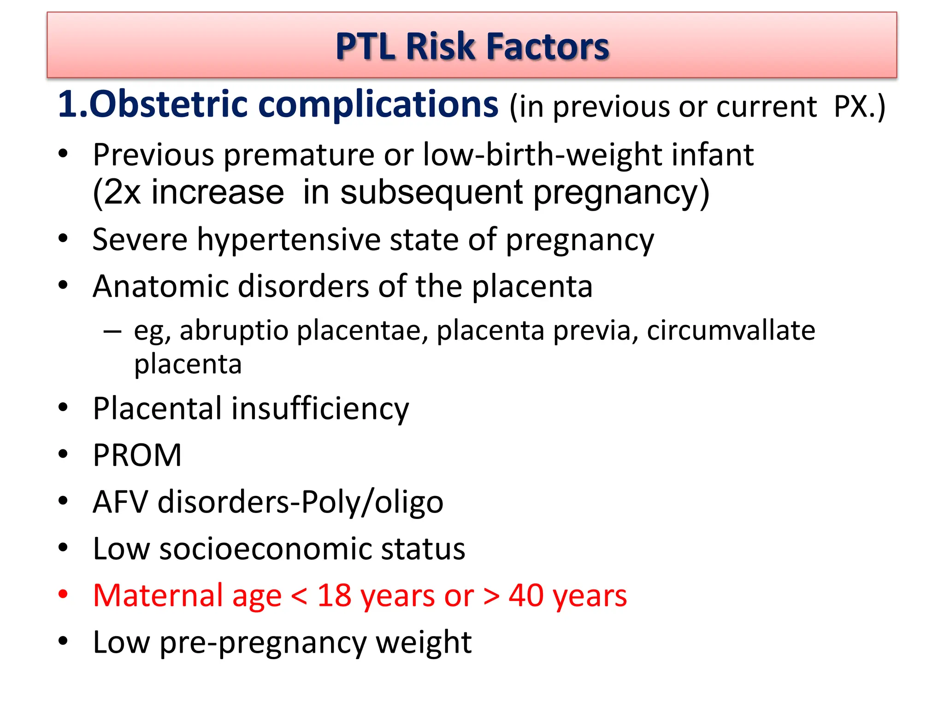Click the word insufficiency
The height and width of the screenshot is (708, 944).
pos(320,408)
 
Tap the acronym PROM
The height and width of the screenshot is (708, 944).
pos(137,455)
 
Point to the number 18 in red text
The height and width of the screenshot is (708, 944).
pos(334,595)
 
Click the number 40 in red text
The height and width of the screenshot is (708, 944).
pos(525,595)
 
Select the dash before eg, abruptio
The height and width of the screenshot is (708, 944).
pos(112,331)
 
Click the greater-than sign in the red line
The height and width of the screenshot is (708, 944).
pos(491,596)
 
